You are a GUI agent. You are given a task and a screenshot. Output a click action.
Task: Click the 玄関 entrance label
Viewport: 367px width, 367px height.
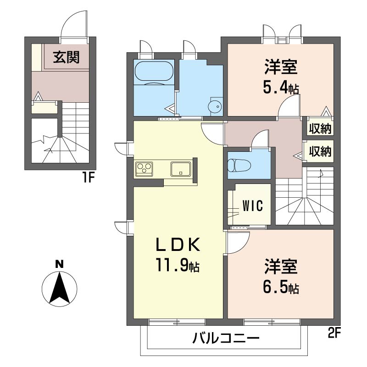[67, 57]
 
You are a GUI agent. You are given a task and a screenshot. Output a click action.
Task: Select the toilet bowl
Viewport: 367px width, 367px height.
[239, 165]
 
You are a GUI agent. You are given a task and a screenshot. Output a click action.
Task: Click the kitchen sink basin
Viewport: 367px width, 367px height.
[181, 169]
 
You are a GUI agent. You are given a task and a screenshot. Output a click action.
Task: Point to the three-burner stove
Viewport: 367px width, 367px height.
[144, 169]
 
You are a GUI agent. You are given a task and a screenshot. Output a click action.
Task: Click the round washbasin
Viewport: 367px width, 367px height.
[215, 106]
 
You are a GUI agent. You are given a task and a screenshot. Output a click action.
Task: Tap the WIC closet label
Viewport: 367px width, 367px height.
[253, 206]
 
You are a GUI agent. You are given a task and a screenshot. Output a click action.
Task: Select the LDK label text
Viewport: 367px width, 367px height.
[178, 245]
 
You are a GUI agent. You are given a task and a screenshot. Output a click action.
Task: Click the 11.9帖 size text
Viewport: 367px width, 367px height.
[178, 266]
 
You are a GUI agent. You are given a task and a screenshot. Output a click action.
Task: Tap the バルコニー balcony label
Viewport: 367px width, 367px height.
[226, 338]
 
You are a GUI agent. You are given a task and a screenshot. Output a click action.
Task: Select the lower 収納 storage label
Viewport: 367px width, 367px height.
[320, 151]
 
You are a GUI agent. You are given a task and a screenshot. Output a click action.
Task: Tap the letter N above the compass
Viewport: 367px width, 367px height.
[60, 264]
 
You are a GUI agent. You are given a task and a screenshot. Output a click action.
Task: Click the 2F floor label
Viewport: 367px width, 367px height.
[334, 333]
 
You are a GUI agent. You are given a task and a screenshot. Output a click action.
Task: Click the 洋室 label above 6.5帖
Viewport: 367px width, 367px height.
[281, 267]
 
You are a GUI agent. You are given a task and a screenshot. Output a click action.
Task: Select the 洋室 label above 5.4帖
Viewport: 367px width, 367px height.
[281, 67]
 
